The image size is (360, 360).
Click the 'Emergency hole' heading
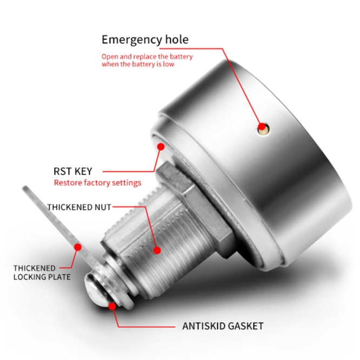(x=145, y=40)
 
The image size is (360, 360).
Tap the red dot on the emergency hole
(x=262, y=126)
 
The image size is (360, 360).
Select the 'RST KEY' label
(x=73, y=171)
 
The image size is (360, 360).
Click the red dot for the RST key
(x=161, y=146)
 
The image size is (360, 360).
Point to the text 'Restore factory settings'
(x=98, y=183)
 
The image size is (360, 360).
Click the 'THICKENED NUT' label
(x=79, y=207)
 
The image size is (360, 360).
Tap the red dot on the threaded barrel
(x=157, y=250)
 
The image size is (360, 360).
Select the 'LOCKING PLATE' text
(x=42, y=277)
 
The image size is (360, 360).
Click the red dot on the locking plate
(x=78, y=247)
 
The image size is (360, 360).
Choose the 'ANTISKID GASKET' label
(x=223, y=326)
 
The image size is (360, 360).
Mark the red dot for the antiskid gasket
(x=112, y=306)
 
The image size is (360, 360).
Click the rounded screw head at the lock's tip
(x=95, y=290)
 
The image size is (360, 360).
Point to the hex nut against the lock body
(x=195, y=206)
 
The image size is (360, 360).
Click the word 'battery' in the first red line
(x=181, y=56)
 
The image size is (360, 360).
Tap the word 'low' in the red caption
(x=169, y=64)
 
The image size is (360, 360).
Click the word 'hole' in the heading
(x=177, y=39)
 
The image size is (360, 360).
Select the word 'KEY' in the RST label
(x=83, y=171)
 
